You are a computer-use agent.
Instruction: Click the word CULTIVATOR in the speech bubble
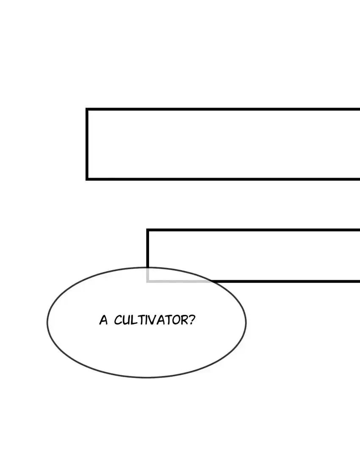150,320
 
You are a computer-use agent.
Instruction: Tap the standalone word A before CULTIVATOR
103,320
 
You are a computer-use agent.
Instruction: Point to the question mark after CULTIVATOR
191,320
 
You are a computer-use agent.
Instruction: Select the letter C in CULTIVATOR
118,320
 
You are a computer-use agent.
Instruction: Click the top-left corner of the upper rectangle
87,110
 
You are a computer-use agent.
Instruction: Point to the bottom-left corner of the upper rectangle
87,178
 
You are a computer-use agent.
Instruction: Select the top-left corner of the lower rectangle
148,230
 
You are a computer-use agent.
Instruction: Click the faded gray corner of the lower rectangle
148,280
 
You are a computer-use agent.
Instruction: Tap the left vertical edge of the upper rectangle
87,144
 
